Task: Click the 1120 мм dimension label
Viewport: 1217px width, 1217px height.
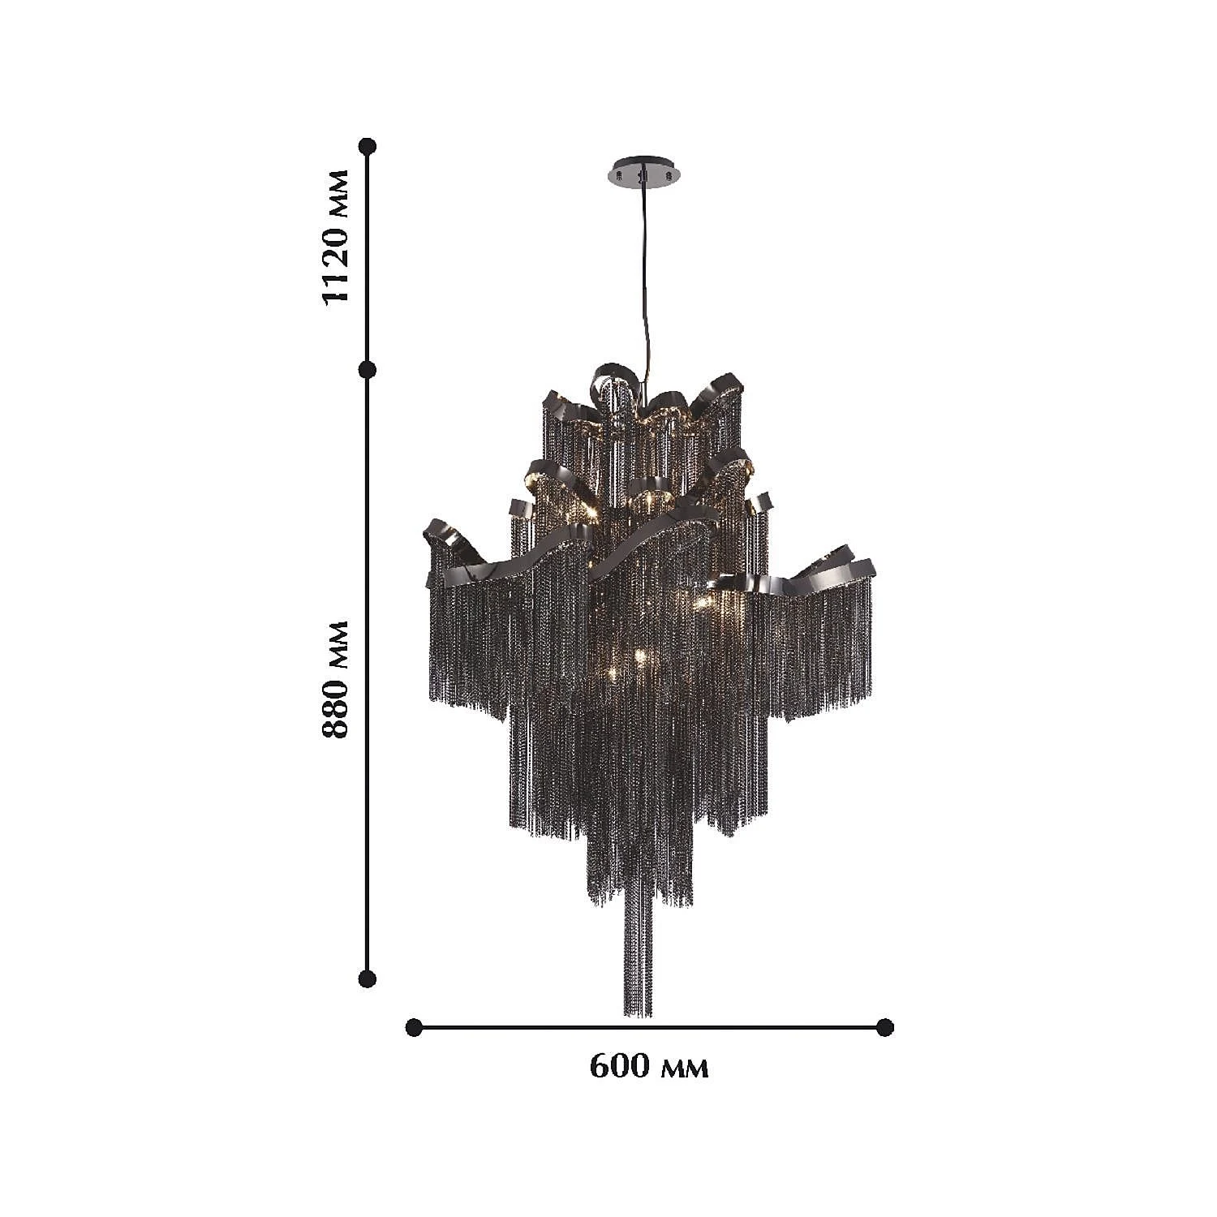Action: pyautogui.click(x=335, y=236)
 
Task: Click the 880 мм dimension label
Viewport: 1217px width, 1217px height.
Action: pyautogui.click(x=335, y=679)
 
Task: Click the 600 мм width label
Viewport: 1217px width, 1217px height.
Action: pyautogui.click(x=648, y=1066)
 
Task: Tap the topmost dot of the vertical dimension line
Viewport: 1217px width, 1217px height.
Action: pyautogui.click(x=368, y=146)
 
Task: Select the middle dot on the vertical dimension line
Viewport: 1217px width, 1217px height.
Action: pyautogui.click(x=368, y=370)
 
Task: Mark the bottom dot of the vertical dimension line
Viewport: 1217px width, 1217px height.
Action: pyautogui.click(x=368, y=978)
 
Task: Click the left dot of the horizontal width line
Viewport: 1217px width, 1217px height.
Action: pyautogui.click(x=414, y=1027)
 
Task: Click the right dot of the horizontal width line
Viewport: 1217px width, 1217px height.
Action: pyautogui.click(x=885, y=1027)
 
